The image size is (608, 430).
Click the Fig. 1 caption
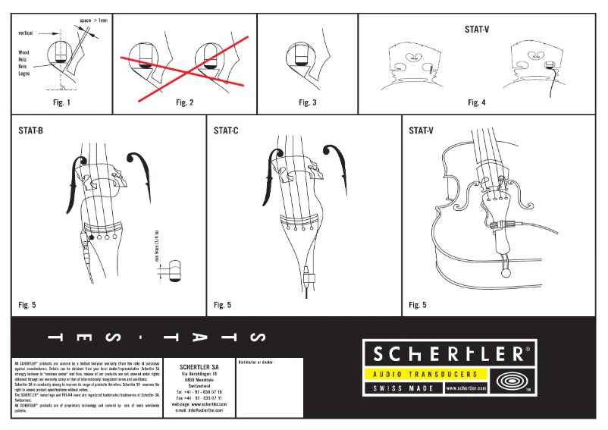[61, 102]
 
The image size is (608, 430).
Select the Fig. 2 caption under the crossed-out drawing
[184, 102]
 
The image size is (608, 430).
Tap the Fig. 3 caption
[307, 102]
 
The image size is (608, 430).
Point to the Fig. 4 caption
[476, 102]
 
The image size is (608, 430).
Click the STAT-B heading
[30, 130]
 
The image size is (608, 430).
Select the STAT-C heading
[226, 130]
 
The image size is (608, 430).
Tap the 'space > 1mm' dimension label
[94, 20]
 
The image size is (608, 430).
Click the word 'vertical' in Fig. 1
[26, 33]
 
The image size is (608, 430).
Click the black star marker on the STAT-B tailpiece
[92, 237]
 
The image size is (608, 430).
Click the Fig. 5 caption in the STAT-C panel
[223, 305]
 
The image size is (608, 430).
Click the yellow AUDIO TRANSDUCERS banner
[421, 375]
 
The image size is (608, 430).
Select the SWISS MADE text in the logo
[403, 388]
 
